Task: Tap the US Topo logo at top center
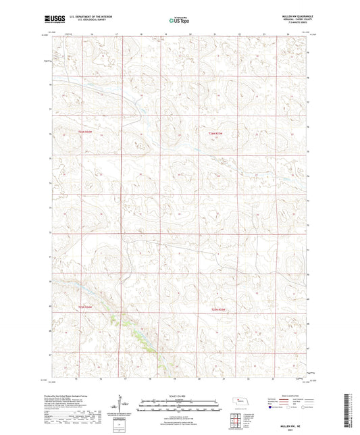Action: coord(179,20)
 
